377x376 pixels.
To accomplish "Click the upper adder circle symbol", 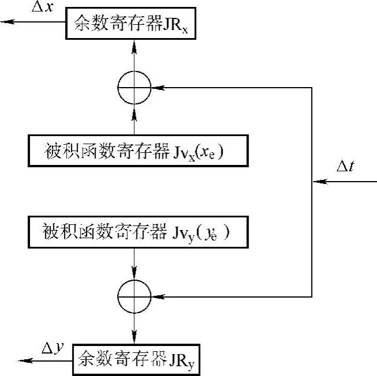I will click(x=134, y=88).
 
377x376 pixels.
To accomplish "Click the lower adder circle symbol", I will click(x=134, y=297).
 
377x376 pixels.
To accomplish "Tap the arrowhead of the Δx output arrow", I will click(x=6, y=22).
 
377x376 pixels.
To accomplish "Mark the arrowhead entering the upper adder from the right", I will click(x=156, y=88).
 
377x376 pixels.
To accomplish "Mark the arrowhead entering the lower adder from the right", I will click(x=156, y=297).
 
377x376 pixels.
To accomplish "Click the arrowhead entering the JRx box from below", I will click(x=134, y=43).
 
